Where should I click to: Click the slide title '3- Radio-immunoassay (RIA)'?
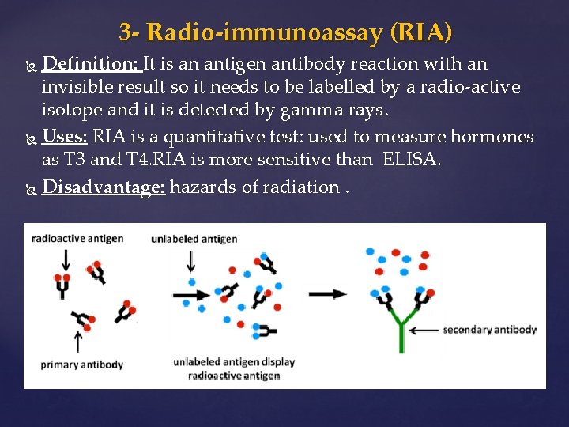pos(285,32)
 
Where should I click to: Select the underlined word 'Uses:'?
pos(65,137)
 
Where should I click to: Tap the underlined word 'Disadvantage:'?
pos(103,187)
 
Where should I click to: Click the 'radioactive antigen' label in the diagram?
pos(77,238)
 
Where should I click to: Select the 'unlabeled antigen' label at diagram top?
pos(194,239)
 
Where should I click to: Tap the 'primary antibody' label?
pos(82,365)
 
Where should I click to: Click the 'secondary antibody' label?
pos(492,330)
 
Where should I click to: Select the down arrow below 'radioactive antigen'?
pos(65,259)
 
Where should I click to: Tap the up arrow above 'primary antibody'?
pos(77,341)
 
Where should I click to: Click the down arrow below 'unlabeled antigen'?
pos(191,260)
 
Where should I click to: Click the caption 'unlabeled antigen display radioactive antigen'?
pos(234,368)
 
